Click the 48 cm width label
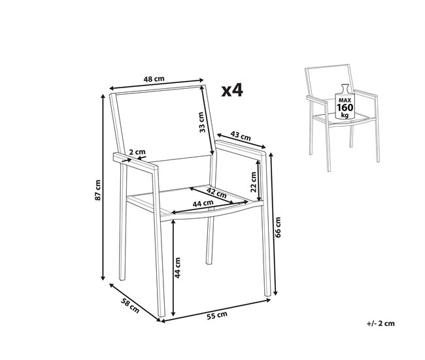click(155, 79)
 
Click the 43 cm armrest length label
click(242, 137)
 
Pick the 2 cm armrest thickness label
click(137, 152)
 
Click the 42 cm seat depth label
click(216, 193)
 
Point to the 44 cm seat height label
click(178, 268)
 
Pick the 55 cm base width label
click(216, 316)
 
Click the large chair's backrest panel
click(160, 124)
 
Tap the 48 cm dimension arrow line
click(155, 86)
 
